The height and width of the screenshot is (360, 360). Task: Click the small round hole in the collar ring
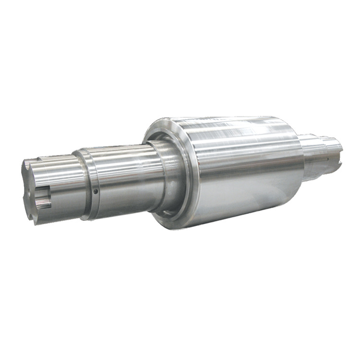coord(96,191)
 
